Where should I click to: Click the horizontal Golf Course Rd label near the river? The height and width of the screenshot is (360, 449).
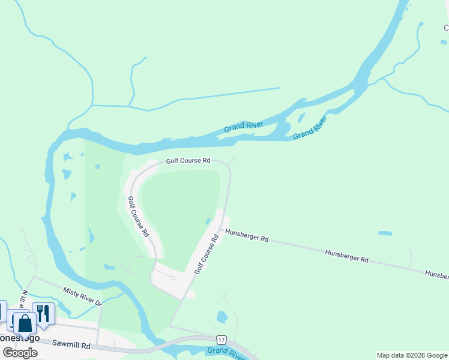(x=188, y=161)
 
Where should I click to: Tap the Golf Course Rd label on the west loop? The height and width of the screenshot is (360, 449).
(x=138, y=217)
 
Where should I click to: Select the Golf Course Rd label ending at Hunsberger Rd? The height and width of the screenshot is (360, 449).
(x=206, y=255)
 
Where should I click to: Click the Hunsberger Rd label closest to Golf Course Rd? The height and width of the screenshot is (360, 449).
(x=247, y=236)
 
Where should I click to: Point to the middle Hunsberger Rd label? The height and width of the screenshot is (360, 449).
(x=346, y=256)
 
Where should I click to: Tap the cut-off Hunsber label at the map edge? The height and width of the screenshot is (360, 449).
(x=436, y=274)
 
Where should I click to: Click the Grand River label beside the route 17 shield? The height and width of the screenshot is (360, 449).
(x=226, y=353)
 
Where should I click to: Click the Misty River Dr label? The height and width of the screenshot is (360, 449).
(x=83, y=296)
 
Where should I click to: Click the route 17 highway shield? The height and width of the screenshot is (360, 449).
(x=221, y=340)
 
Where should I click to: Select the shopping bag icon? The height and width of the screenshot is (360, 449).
(x=25, y=323)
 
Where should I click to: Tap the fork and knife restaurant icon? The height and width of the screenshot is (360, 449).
(x=43, y=313)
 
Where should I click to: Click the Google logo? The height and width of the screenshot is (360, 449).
(x=20, y=352)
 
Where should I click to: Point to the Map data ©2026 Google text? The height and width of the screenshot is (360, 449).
(x=412, y=355)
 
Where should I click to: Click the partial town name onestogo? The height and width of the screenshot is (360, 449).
(x=20, y=338)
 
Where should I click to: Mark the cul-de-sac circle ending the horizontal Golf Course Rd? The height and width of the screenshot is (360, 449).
(x=234, y=160)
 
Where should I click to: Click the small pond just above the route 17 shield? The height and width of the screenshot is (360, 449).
(x=222, y=316)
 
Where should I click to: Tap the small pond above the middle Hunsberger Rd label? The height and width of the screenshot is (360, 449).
(x=385, y=233)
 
